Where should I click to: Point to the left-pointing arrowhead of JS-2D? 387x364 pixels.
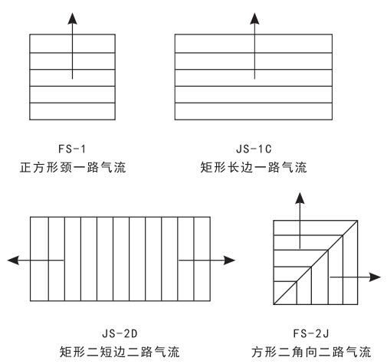pos(12,261)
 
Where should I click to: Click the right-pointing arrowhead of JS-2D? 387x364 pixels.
pos(227,261)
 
